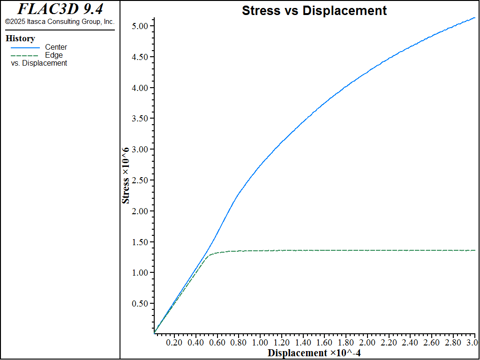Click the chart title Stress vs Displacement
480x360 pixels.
pyautogui.click(x=314, y=11)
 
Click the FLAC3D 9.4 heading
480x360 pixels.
pyautogui.click(x=60, y=9)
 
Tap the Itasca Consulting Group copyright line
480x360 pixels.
pyautogui.click(x=60, y=22)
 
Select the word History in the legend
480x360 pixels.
pyautogui.click(x=20, y=38)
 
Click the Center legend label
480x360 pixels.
pyautogui.click(x=56, y=47)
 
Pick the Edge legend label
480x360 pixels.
pyautogui.click(x=53, y=55)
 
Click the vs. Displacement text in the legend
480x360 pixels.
pyautogui.click(x=39, y=63)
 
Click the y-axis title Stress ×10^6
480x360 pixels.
pyautogui.click(x=126, y=175)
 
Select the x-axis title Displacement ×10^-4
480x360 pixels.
pyautogui.click(x=314, y=353)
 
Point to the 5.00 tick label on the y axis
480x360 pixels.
pyautogui.click(x=141, y=26)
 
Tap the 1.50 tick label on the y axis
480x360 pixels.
pyautogui.click(x=141, y=242)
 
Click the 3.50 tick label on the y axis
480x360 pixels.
pyautogui.click(x=141, y=119)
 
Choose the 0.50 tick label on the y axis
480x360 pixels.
pyautogui.click(x=141, y=303)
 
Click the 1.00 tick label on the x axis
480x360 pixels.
pyautogui.click(x=260, y=343)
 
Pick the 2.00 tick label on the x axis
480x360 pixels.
pyautogui.click(x=367, y=343)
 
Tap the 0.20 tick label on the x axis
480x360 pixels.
pyautogui.click(x=174, y=343)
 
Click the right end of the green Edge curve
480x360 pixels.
pyautogui.click(x=474, y=250)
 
